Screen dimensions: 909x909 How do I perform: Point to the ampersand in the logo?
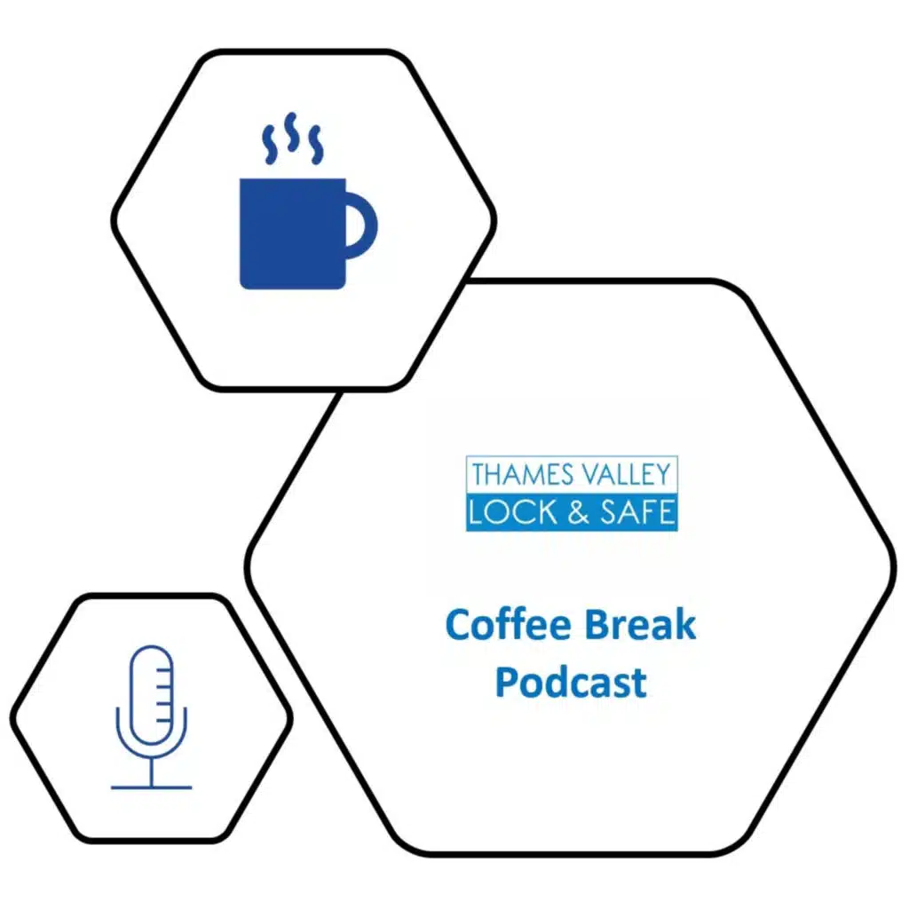(578, 513)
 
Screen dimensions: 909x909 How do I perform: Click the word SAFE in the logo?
(637, 512)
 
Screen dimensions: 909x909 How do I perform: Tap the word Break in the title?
(640, 624)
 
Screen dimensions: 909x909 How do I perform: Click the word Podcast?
(571, 682)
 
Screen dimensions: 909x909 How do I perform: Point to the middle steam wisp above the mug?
(291, 132)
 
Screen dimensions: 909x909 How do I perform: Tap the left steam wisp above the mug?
(269, 145)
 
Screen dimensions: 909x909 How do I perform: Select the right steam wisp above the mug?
(315, 145)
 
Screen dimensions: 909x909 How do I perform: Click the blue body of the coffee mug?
(293, 233)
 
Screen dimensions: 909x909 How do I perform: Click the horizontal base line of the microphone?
(151, 788)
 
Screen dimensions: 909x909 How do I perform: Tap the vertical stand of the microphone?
(151, 771)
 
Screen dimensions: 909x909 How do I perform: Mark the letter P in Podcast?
(507, 682)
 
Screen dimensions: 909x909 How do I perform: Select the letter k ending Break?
(684, 624)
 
